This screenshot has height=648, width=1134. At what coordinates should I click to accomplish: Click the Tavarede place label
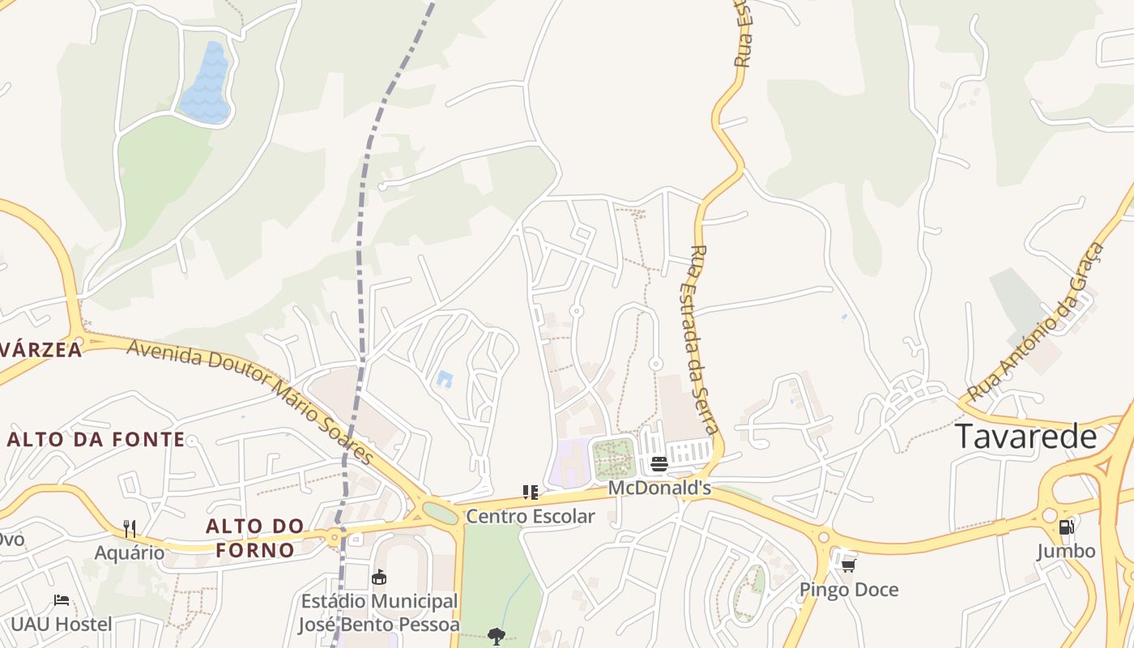click(x=1025, y=437)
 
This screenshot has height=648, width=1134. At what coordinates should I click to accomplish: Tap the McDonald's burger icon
click(x=659, y=464)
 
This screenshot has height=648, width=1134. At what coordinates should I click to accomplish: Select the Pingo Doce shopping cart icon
click(x=848, y=565)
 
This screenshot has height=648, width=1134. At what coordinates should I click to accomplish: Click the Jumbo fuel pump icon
click(x=1066, y=527)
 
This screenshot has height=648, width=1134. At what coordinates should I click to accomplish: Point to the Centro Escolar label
click(x=530, y=516)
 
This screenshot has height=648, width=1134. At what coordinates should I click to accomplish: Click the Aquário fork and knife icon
click(x=130, y=529)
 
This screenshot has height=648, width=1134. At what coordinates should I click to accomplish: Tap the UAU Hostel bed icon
click(x=62, y=600)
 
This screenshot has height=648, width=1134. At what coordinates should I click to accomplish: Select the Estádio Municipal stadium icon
click(x=378, y=578)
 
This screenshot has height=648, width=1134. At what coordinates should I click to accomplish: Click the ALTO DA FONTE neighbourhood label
click(x=96, y=440)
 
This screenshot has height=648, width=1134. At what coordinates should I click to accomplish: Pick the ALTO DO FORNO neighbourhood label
click(x=255, y=538)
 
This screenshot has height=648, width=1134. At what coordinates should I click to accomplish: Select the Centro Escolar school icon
click(x=531, y=492)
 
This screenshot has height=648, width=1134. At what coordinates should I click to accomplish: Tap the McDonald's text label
click(x=659, y=488)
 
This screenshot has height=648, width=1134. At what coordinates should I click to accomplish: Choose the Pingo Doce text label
click(x=848, y=589)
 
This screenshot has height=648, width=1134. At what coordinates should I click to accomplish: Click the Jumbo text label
click(x=1066, y=552)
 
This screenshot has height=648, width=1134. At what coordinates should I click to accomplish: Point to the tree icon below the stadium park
click(x=497, y=637)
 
